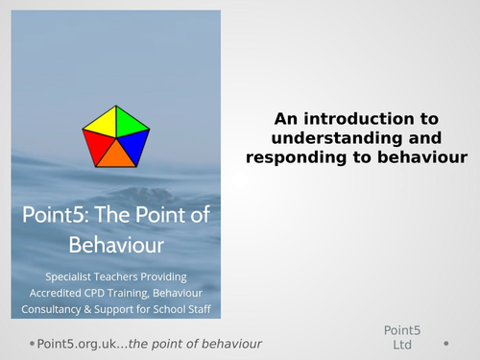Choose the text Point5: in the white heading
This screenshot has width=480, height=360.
tap(54, 214)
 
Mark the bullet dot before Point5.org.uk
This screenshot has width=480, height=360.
tap(32, 343)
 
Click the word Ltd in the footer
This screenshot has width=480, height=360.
tap(402, 345)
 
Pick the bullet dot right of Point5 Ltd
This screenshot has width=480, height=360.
tap(445, 343)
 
